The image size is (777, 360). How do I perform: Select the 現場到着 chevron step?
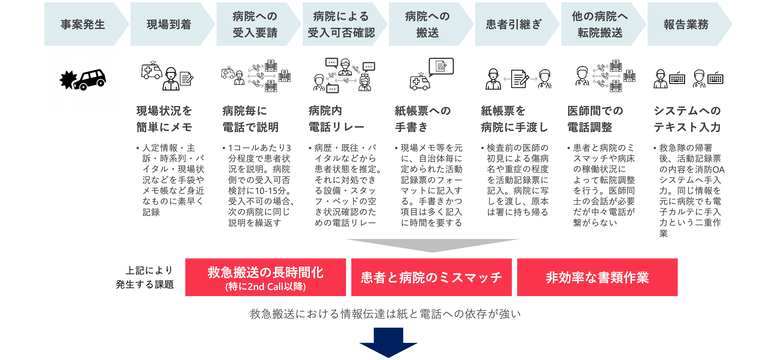[x=169, y=24]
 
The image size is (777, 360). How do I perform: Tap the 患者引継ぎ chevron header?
[x=513, y=24]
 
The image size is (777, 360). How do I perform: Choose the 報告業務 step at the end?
[x=686, y=24]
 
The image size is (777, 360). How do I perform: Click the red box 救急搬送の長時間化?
[x=265, y=277]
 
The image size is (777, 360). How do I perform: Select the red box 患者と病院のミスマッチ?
[x=431, y=277]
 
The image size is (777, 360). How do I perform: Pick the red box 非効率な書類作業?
[x=597, y=277]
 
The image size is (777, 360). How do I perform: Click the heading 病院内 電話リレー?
[x=336, y=119]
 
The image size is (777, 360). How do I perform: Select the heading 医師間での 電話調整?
[x=595, y=119]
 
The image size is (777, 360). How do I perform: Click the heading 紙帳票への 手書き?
[x=423, y=119]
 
